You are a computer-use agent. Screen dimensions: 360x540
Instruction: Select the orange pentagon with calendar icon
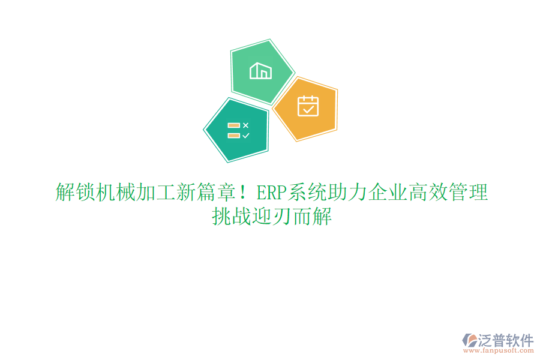[x=307, y=107]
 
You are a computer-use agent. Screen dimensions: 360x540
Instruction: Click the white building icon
[x=261, y=71]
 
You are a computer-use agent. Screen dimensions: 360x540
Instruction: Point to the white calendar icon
[x=308, y=106]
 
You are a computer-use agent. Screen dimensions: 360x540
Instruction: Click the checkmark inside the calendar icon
[x=308, y=109]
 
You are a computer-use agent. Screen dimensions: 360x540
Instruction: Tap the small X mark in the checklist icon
[x=245, y=125]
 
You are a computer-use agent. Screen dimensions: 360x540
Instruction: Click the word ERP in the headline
[x=271, y=193]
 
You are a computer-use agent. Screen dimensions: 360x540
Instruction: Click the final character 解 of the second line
[x=321, y=217]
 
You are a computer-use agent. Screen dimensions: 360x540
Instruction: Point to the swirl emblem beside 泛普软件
[x=468, y=340]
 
